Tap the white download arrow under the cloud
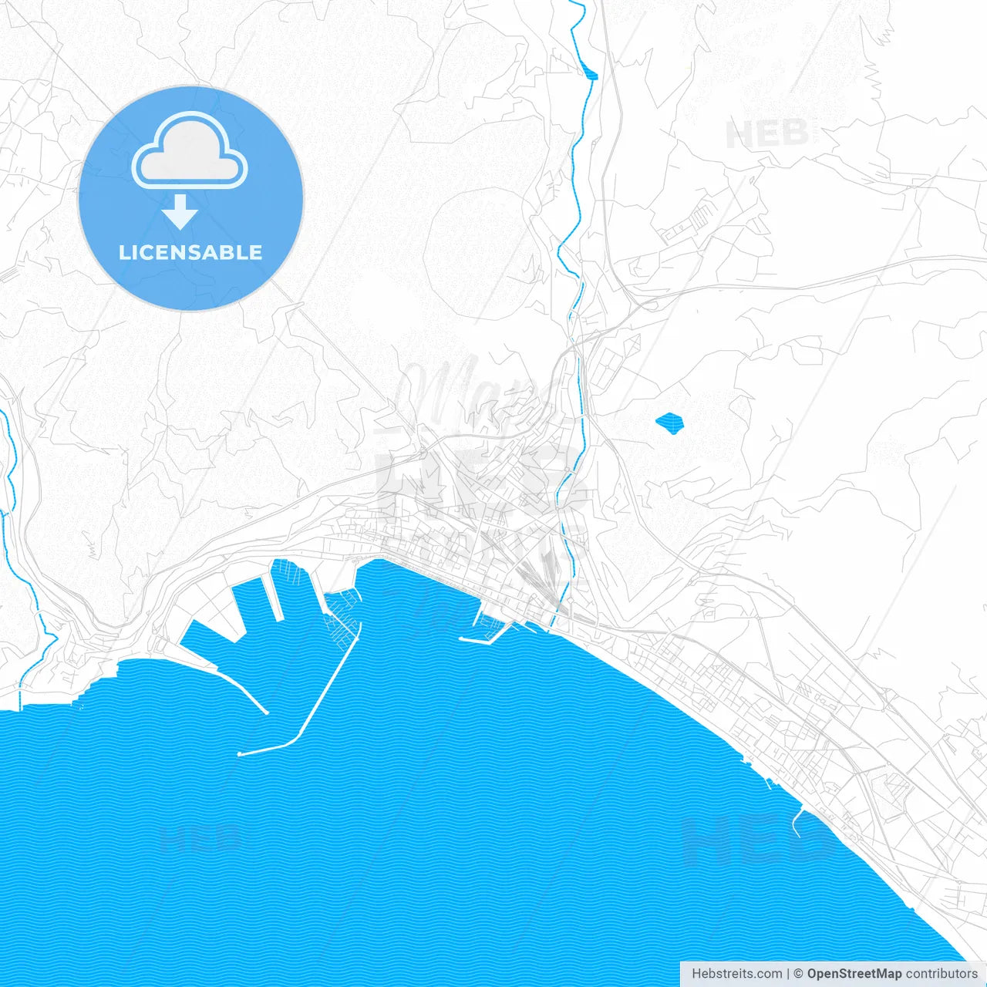click(180, 211)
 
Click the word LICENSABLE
click(190, 252)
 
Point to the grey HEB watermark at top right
click(766, 134)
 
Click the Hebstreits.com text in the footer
click(736, 974)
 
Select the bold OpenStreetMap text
click(854, 974)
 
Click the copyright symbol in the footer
click(799, 974)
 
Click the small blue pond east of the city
click(669, 423)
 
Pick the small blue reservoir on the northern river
click(591, 75)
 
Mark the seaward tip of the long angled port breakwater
click(241, 753)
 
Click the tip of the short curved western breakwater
click(265, 712)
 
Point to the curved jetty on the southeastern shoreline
click(797, 820)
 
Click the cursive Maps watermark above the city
click(470, 393)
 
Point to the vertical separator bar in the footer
click(788, 974)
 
